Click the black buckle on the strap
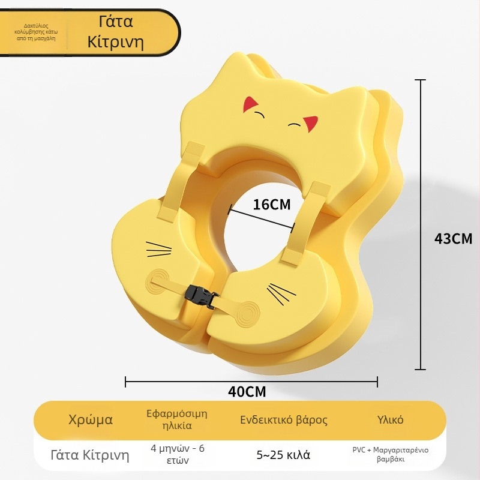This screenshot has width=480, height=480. pyautogui.click(x=200, y=296)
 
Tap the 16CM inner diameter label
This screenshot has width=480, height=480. pyautogui.click(x=272, y=205)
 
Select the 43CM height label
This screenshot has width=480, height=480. pyautogui.click(x=454, y=238)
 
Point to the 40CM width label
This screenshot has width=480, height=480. pyautogui.click(x=247, y=392)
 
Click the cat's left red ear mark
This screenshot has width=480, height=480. pyautogui.click(x=250, y=103)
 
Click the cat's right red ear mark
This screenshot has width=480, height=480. pyautogui.click(x=310, y=124)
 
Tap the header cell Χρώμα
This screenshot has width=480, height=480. pyautogui.click(x=91, y=419)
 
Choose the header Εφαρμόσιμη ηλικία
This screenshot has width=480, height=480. pyautogui.click(x=177, y=419)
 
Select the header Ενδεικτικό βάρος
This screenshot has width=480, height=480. pyautogui.click(x=283, y=419)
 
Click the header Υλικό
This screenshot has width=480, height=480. pyautogui.click(x=390, y=419)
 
